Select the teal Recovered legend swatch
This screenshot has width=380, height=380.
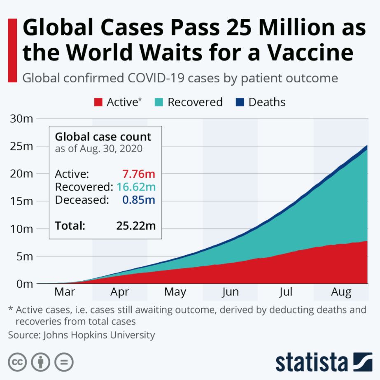[x=159, y=103]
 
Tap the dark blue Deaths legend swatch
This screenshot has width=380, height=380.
[x=240, y=103]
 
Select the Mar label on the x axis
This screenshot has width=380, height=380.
[x=65, y=292]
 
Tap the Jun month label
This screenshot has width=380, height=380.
[x=230, y=292]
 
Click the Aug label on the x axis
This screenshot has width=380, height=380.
[x=341, y=292]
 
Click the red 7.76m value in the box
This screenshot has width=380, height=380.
[x=139, y=174]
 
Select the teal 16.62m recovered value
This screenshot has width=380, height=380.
[x=136, y=187]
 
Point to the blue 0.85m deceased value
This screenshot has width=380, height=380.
[x=139, y=200]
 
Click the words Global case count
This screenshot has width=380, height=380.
[x=103, y=137]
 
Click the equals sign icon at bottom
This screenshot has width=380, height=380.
[x=64, y=362]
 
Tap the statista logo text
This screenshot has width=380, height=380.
[x=312, y=362]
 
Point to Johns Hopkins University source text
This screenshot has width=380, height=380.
[x=99, y=335]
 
